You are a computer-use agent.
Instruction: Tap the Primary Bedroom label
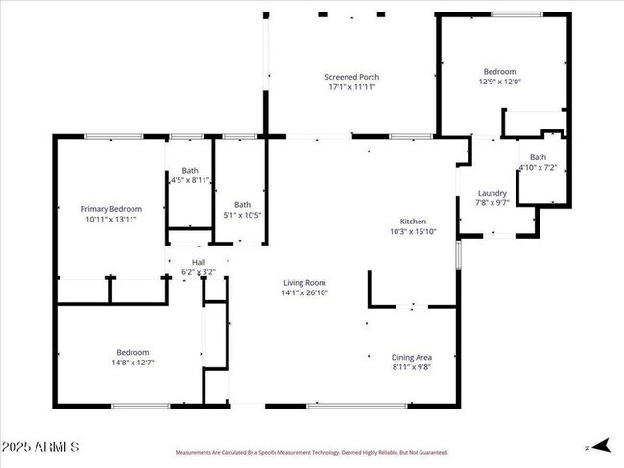tap(110, 209)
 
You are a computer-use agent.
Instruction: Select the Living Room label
tap(305, 283)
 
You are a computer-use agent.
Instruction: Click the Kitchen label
tap(413, 222)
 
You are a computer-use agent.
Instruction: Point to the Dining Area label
tap(411, 357)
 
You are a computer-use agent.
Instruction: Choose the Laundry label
tap(492, 193)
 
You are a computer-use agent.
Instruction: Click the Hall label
tap(199, 262)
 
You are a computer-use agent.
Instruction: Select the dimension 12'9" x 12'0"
tap(499, 82)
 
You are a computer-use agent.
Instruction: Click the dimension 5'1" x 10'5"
tap(243, 215)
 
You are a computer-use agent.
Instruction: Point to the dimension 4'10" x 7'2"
tap(538, 168)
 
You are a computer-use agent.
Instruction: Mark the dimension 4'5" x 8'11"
tap(190, 179)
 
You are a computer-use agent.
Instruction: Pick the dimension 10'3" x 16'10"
tap(413, 232)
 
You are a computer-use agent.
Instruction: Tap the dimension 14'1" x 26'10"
tap(305, 293)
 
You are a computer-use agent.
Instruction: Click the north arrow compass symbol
tap(598, 446)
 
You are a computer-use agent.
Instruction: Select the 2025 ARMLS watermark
tap(40, 447)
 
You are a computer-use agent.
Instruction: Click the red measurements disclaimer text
tap(311, 452)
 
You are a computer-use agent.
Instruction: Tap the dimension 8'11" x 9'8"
tap(411, 367)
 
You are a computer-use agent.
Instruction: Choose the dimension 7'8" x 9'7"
tap(492, 203)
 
